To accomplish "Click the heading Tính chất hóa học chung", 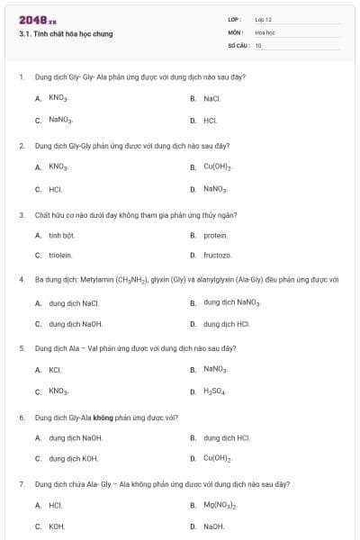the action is (x=67, y=34).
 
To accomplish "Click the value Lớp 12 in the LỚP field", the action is (x=263, y=19).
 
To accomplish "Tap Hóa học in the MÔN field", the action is (x=264, y=31).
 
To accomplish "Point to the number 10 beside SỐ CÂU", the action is (x=258, y=44).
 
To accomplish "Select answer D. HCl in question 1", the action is (x=210, y=120).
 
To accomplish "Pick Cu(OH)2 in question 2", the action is (x=218, y=166).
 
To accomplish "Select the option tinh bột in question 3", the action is (x=61, y=235).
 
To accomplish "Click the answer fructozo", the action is (x=217, y=256).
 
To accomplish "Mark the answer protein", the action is (x=215, y=235).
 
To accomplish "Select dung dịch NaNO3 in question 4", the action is (x=231, y=302).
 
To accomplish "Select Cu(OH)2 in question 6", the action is (x=218, y=459).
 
